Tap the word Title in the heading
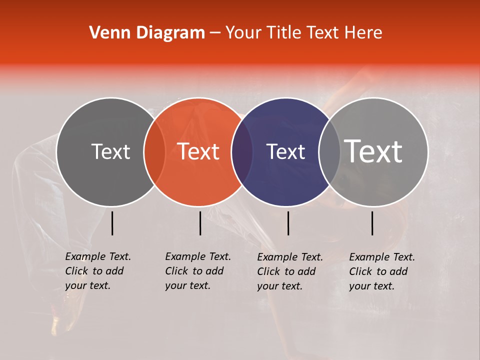click(x=286, y=33)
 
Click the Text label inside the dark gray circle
click(x=110, y=151)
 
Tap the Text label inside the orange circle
click(x=198, y=151)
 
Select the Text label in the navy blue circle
click(x=285, y=151)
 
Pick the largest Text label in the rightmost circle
click(x=373, y=151)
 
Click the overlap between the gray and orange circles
click(x=154, y=151)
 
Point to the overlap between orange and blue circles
click(x=242, y=151)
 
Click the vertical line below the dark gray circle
click(x=112, y=223)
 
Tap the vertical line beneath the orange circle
click(x=200, y=223)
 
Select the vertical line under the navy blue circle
click(x=288, y=223)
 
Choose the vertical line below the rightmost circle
click(x=372, y=223)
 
